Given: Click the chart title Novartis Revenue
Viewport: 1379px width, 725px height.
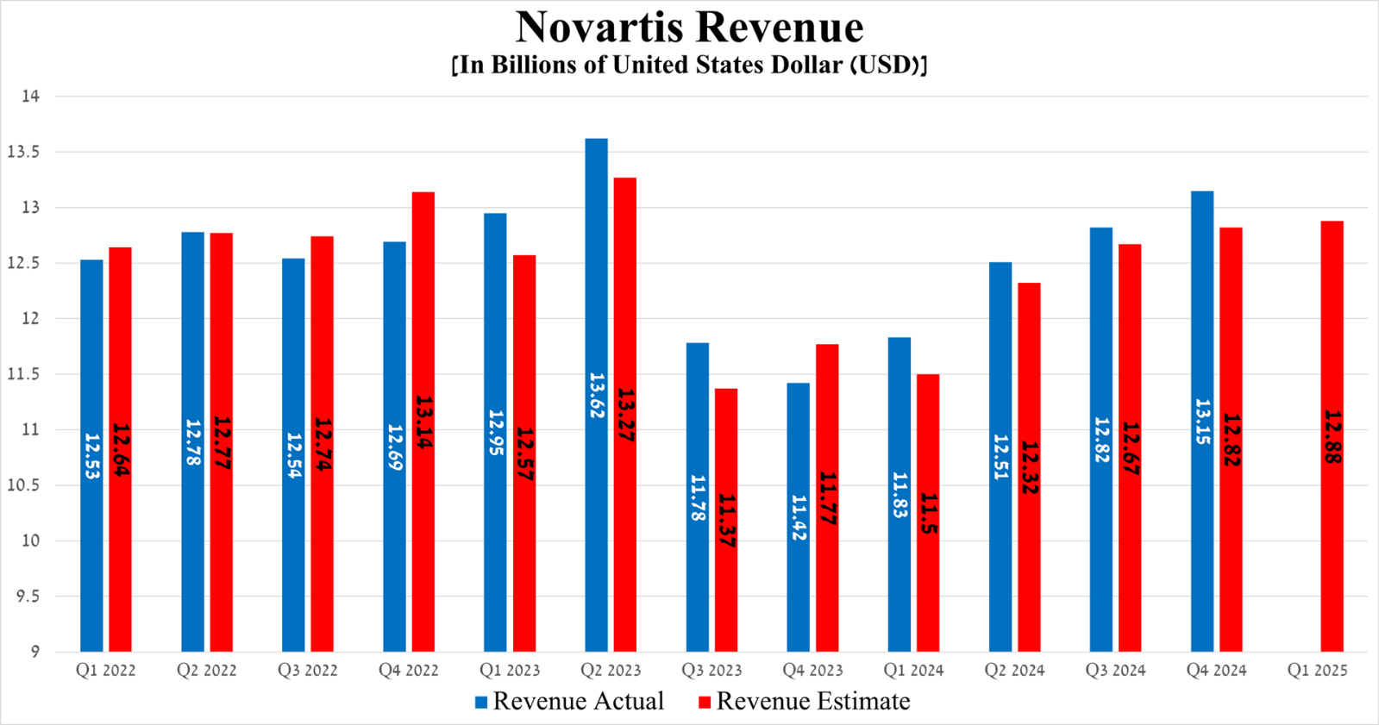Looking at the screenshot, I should pyautogui.click(x=689, y=27).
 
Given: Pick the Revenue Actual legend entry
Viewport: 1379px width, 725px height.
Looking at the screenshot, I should pyautogui.click(x=569, y=702).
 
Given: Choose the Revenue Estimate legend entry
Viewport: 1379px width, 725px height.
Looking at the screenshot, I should pyautogui.click(x=804, y=702).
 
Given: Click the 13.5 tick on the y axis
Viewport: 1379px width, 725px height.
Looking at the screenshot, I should pyautogui.click(x=24, y=152).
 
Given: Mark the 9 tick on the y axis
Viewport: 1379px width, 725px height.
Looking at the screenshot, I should pyautogui.click(x=34, y=652).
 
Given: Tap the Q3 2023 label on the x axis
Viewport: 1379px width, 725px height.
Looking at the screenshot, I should pyautogui.click(x=711, y=671).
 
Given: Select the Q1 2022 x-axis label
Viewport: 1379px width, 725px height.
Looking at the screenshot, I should pyautogui.click(x=105, y=671).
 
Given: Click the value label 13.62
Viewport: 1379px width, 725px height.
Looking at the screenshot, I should pyautogui.click(x=596, y=396).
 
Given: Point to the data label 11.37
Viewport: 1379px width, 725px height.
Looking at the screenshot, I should pyautogui.click(x=726, y=521).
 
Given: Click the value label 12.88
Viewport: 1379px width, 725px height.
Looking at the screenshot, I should pyautogui.click(x=1332, y=437).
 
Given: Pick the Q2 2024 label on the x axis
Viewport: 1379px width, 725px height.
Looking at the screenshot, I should pyautogui.click(x=1014, y=671).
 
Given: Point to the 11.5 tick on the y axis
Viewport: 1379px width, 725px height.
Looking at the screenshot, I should pyautogui.click(x=24, y=374).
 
